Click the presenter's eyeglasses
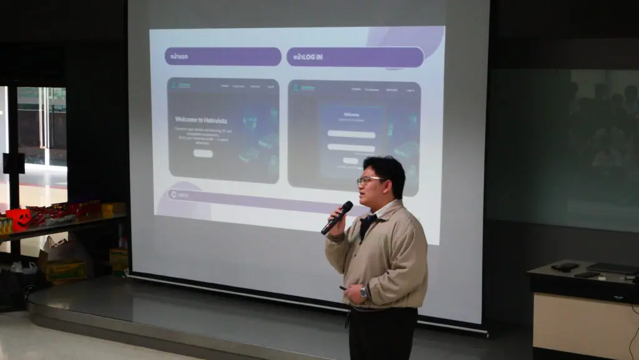click(369, 180)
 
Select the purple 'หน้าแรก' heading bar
click(223, 57)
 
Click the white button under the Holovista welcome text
click(203, 153)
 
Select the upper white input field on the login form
click(351, 134)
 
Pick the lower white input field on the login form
click(351, 148)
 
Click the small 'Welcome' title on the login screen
click(351, 115)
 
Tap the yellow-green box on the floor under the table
click(65, 270)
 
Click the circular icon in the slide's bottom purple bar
click(173, 195)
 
